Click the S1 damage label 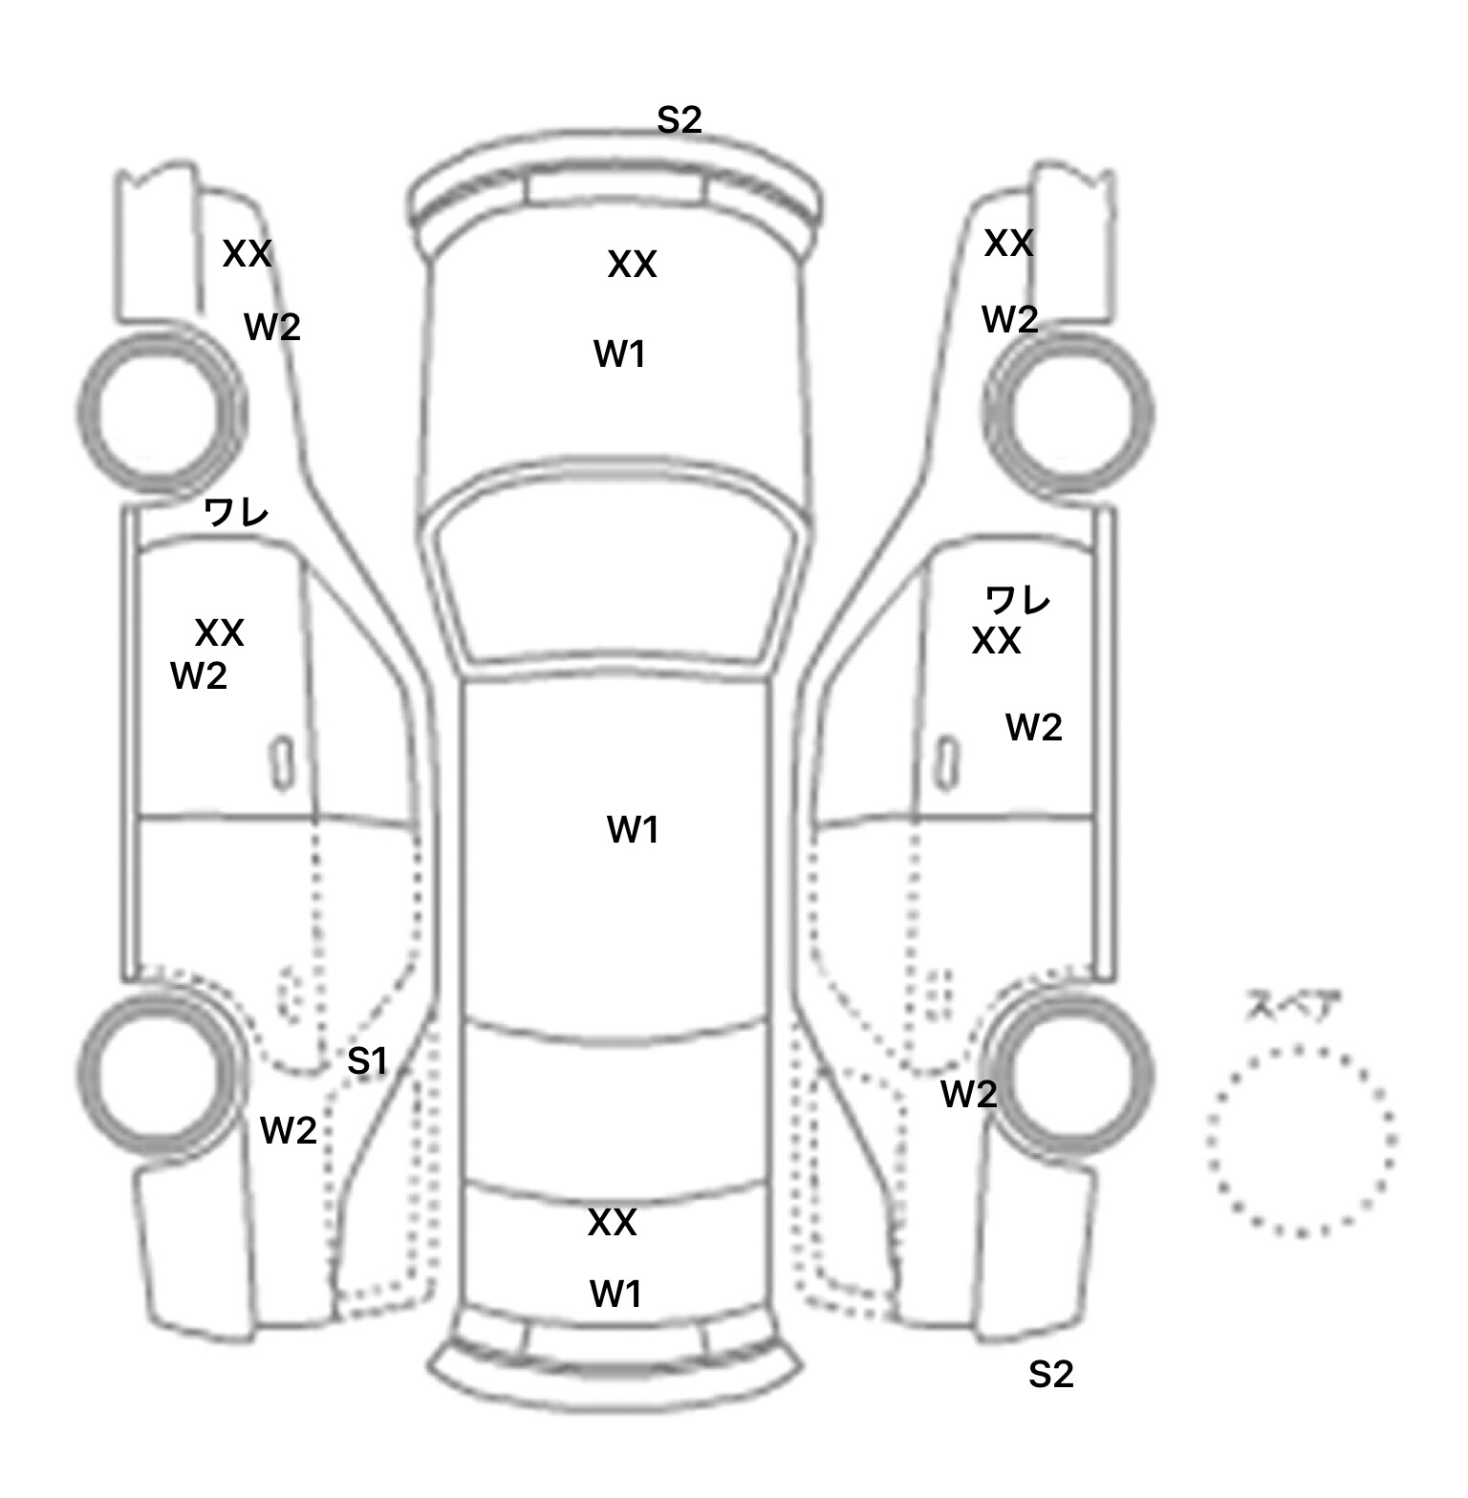367,1060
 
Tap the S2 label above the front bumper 679,119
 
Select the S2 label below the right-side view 1050,1374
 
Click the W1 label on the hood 619,354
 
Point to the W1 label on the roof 633,829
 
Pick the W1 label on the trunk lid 615,1294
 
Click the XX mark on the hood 632,265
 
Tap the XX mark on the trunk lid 612,1222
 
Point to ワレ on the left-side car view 236,513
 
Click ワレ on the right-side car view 1018,599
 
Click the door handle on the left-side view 282,763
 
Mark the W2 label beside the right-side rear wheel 968,1094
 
